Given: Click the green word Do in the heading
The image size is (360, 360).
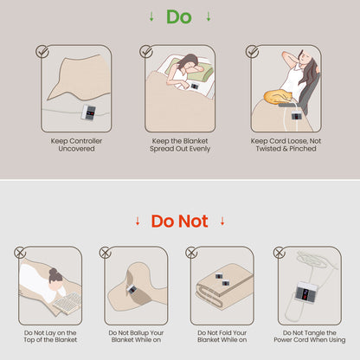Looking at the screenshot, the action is [179, 16].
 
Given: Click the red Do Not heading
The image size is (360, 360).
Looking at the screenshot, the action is [179, 222].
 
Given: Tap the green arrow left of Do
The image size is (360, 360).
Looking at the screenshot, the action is [151, 16].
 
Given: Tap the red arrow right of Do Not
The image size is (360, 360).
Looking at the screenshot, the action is [222, 222].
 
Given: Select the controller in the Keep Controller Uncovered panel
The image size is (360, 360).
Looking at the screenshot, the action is [89, 112].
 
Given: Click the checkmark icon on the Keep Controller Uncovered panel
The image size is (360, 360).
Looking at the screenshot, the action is [42, 51].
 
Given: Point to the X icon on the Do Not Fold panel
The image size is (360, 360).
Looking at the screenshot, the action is [191, 253].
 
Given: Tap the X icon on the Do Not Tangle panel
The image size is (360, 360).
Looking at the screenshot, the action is [279, 253].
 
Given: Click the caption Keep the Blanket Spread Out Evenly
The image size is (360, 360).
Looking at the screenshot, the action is [180, 145].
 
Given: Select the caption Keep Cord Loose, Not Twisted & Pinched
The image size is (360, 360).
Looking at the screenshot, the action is [286, 145].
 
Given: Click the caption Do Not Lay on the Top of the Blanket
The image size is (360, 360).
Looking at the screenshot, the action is [50, 337].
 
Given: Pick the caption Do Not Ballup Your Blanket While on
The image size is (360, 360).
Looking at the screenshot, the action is [136, 337].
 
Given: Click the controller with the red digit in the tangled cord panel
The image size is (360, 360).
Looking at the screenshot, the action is [306, 292].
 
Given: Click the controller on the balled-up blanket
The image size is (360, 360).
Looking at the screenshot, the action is [132, 289].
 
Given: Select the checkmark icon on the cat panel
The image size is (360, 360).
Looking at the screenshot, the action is [252, 51].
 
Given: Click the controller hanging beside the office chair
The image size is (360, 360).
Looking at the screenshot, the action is [297, 115].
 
